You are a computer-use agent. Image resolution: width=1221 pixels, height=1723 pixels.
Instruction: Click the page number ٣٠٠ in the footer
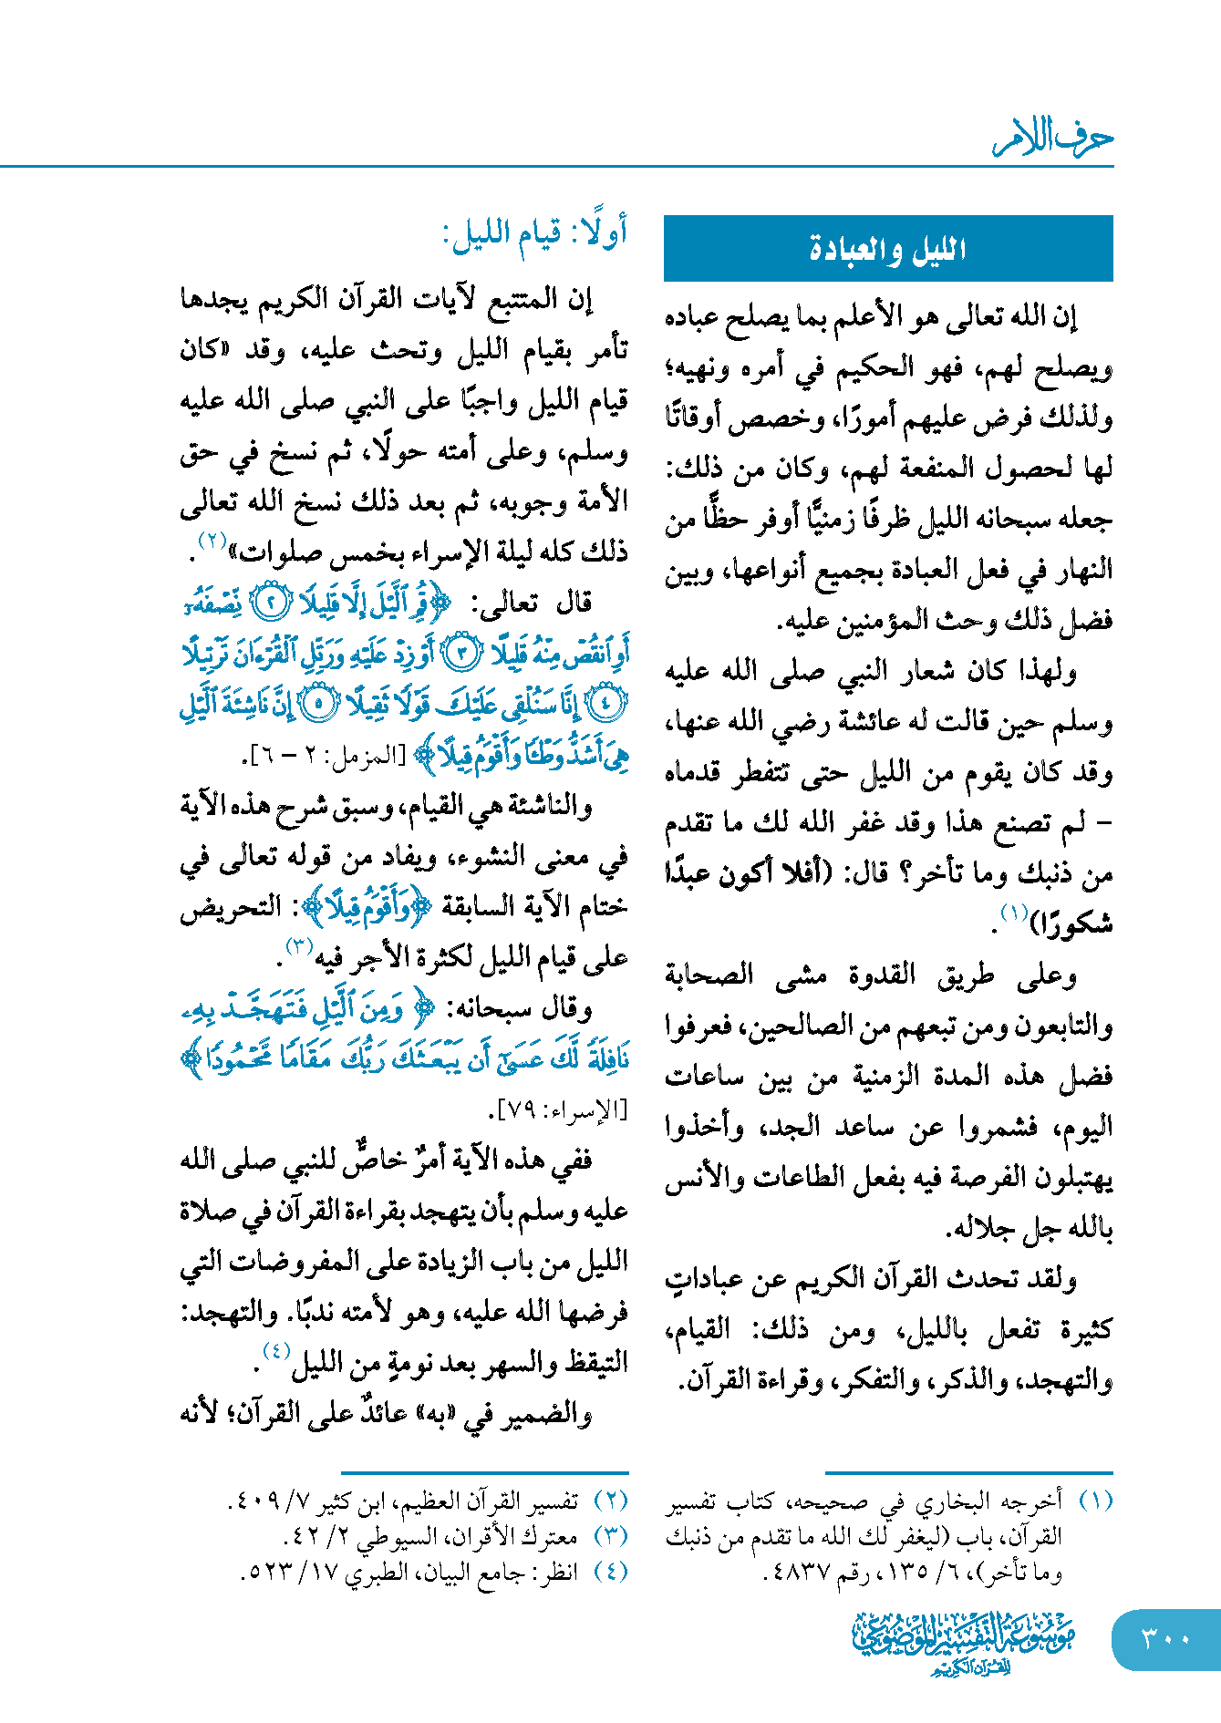(x=1165, y=1638)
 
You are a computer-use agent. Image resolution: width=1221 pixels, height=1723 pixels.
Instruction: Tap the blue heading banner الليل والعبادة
(x=887, y=249)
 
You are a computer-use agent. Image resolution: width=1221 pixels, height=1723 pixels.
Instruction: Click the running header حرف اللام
(x=1053, y=139)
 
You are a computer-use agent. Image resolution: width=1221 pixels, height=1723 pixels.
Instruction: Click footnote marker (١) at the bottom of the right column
(x=1094, y=1501)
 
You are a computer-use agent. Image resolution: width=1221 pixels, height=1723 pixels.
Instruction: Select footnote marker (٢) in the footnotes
(x=610, y=1501)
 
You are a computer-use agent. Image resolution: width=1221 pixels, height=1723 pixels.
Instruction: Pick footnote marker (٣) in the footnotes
(x=610, y=1536)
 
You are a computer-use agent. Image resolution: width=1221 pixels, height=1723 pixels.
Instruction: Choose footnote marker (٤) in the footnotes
(x=610, y=1572)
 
